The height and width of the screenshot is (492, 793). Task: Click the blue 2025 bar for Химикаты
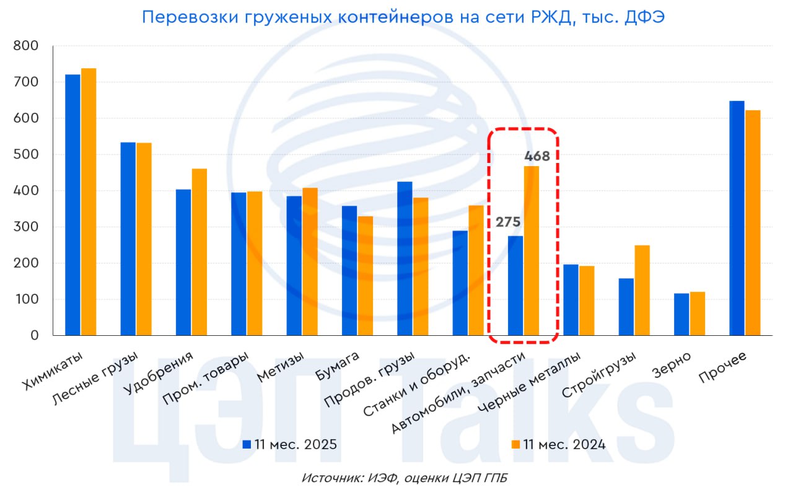(72, 205)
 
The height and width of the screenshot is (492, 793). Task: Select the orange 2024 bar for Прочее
(752, 223)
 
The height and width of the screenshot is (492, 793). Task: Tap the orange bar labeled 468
(532, 251)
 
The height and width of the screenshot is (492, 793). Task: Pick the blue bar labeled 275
(515, 286)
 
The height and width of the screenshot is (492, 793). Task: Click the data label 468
(537, 156)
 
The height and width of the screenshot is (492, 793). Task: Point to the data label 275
(507, 222)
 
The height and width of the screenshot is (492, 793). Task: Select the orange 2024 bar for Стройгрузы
(642, 291)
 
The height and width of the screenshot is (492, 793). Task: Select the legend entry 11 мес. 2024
(558, 444)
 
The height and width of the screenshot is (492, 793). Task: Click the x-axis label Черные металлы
(530, 384)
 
